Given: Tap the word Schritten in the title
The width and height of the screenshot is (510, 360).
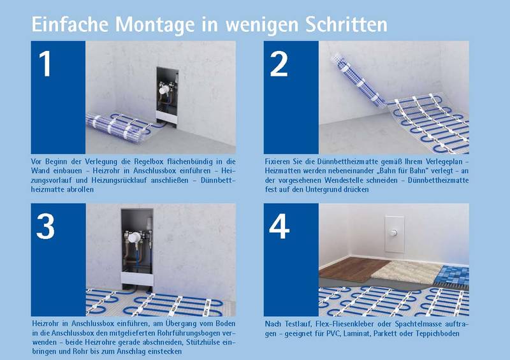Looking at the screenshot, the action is click(x=346, y=24).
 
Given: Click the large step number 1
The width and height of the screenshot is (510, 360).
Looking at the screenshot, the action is click(x=45, y=64).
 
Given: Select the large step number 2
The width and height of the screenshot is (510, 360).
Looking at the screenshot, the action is click(x=279, y=64).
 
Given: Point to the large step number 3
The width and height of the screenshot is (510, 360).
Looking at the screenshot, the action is click(x=45, y=226).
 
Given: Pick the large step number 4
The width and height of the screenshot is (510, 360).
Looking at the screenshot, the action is click(x=279, y=226).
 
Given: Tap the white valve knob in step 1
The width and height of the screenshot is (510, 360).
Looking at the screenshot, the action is click(x=164, y=89).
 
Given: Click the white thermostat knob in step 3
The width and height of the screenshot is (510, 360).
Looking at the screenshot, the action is click(x=134, y=238).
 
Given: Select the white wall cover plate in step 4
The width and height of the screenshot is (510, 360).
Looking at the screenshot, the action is click(x=394, y=234).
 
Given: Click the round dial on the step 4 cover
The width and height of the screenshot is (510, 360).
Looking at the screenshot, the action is click(x=394, y=233).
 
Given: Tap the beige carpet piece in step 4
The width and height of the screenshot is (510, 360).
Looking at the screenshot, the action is click(x=405, y=271).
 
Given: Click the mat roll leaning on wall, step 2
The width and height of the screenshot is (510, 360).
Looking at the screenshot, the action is click(x=358, y=80).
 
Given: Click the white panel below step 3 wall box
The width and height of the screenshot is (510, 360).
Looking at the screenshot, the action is click(x=137, y=278).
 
